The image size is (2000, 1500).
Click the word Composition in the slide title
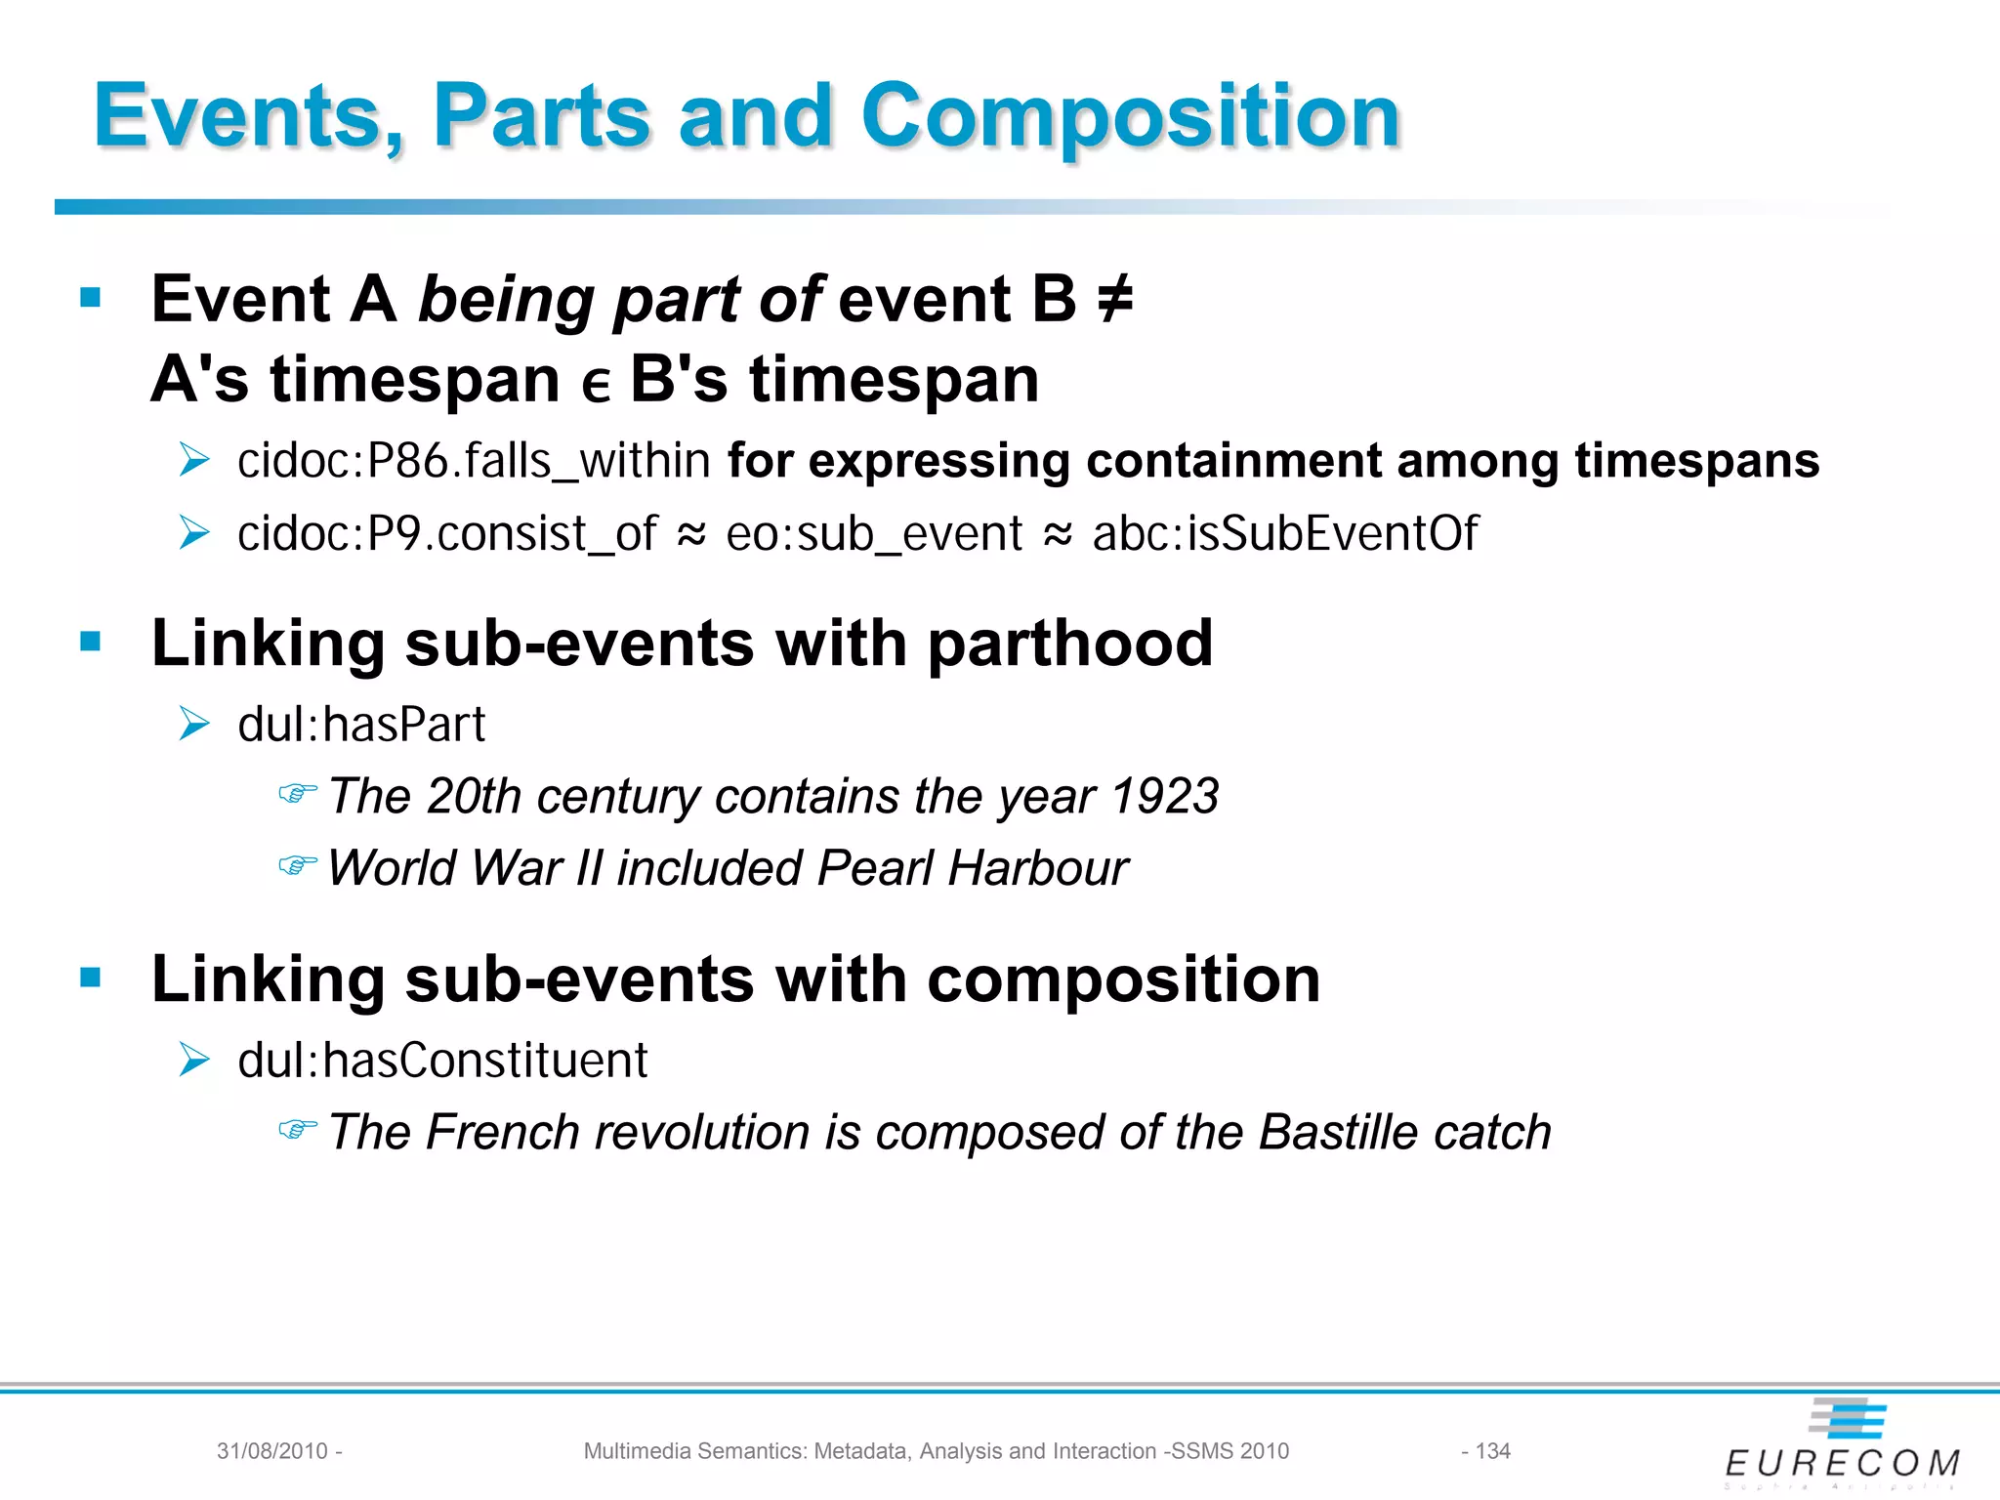[1131, 117]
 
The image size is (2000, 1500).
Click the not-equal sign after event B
[1114, 299]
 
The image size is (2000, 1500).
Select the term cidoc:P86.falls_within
[474, 460]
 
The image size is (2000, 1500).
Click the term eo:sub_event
[874, 534]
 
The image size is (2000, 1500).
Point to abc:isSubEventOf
[1284, 534]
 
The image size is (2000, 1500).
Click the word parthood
[1069, 644]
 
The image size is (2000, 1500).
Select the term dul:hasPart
[361, 725]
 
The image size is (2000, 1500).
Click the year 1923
[1165, 796]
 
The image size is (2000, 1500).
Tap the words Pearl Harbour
[973, 868]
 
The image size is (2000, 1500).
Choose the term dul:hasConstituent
[442, 1061]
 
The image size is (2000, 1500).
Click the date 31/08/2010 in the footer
[271, 1451]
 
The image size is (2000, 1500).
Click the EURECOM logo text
[1842, 1463]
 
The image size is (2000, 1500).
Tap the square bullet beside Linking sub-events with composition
[91, 978]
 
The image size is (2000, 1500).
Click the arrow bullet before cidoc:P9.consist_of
[194, 533]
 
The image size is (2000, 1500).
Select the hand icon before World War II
[297, 865]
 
